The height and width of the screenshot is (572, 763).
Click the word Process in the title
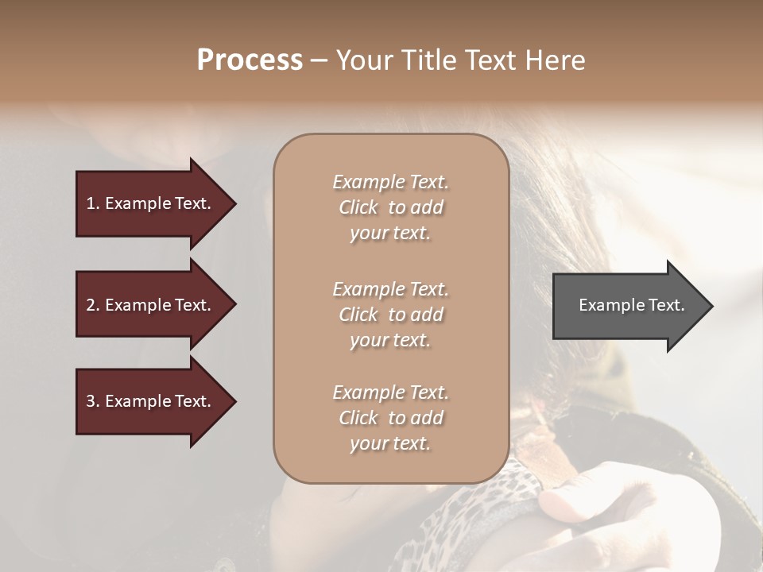(x=250, y=60)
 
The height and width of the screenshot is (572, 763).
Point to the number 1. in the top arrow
(x=93, y=203)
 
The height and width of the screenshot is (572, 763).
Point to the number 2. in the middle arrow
(x=93, y=305)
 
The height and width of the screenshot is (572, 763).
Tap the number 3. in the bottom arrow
(x=93, y=402)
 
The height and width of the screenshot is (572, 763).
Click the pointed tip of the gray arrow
(x=710, y=306)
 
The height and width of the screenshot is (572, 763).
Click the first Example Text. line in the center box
(x=390, y=182)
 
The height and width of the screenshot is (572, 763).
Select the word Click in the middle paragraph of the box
(x=358, y=315)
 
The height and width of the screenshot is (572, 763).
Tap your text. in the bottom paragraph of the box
(x=390, y=444)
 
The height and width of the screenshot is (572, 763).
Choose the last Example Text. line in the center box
(x=390, y=392)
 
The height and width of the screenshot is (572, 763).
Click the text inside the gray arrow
(x=631, y=305)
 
